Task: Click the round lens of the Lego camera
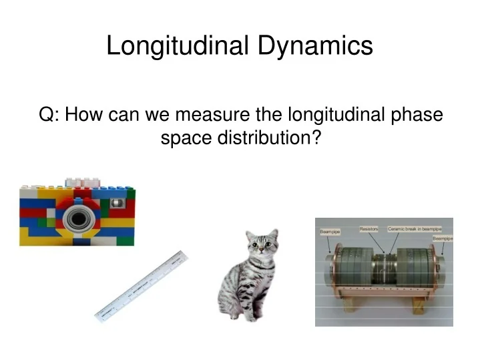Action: click(78, 218)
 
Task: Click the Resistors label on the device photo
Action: click(369, 228)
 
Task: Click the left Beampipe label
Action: click(329, 232)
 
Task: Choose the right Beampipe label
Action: click(442, 238)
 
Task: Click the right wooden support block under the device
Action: click(419, 307)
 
